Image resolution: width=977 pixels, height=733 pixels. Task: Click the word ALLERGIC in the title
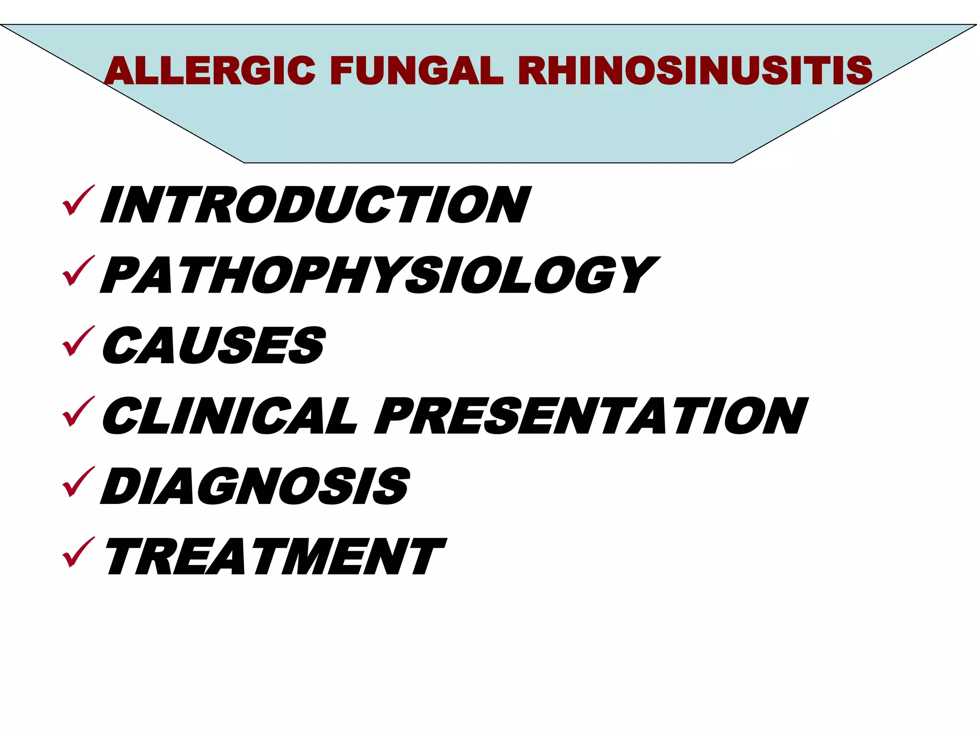click(x=209, y=71)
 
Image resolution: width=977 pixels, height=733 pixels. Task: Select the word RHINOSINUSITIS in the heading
click(x=695, y=71)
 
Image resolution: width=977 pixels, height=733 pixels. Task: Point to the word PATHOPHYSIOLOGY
click(x=380, y=275)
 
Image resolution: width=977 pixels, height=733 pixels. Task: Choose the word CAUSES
click(x=214, y=345)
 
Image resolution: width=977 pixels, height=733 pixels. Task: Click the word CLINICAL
click(x=229, y=416)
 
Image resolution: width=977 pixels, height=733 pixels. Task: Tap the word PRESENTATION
click(x=591, y=416)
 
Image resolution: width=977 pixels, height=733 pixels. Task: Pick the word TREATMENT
click(x=275, y=556)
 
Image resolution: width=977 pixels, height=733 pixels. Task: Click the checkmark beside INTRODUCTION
click(x=78, y=201)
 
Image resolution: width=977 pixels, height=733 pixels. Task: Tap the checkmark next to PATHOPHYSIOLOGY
click(x=78, y=271)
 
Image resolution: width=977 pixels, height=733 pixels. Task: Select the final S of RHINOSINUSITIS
click(x=856, y=71)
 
